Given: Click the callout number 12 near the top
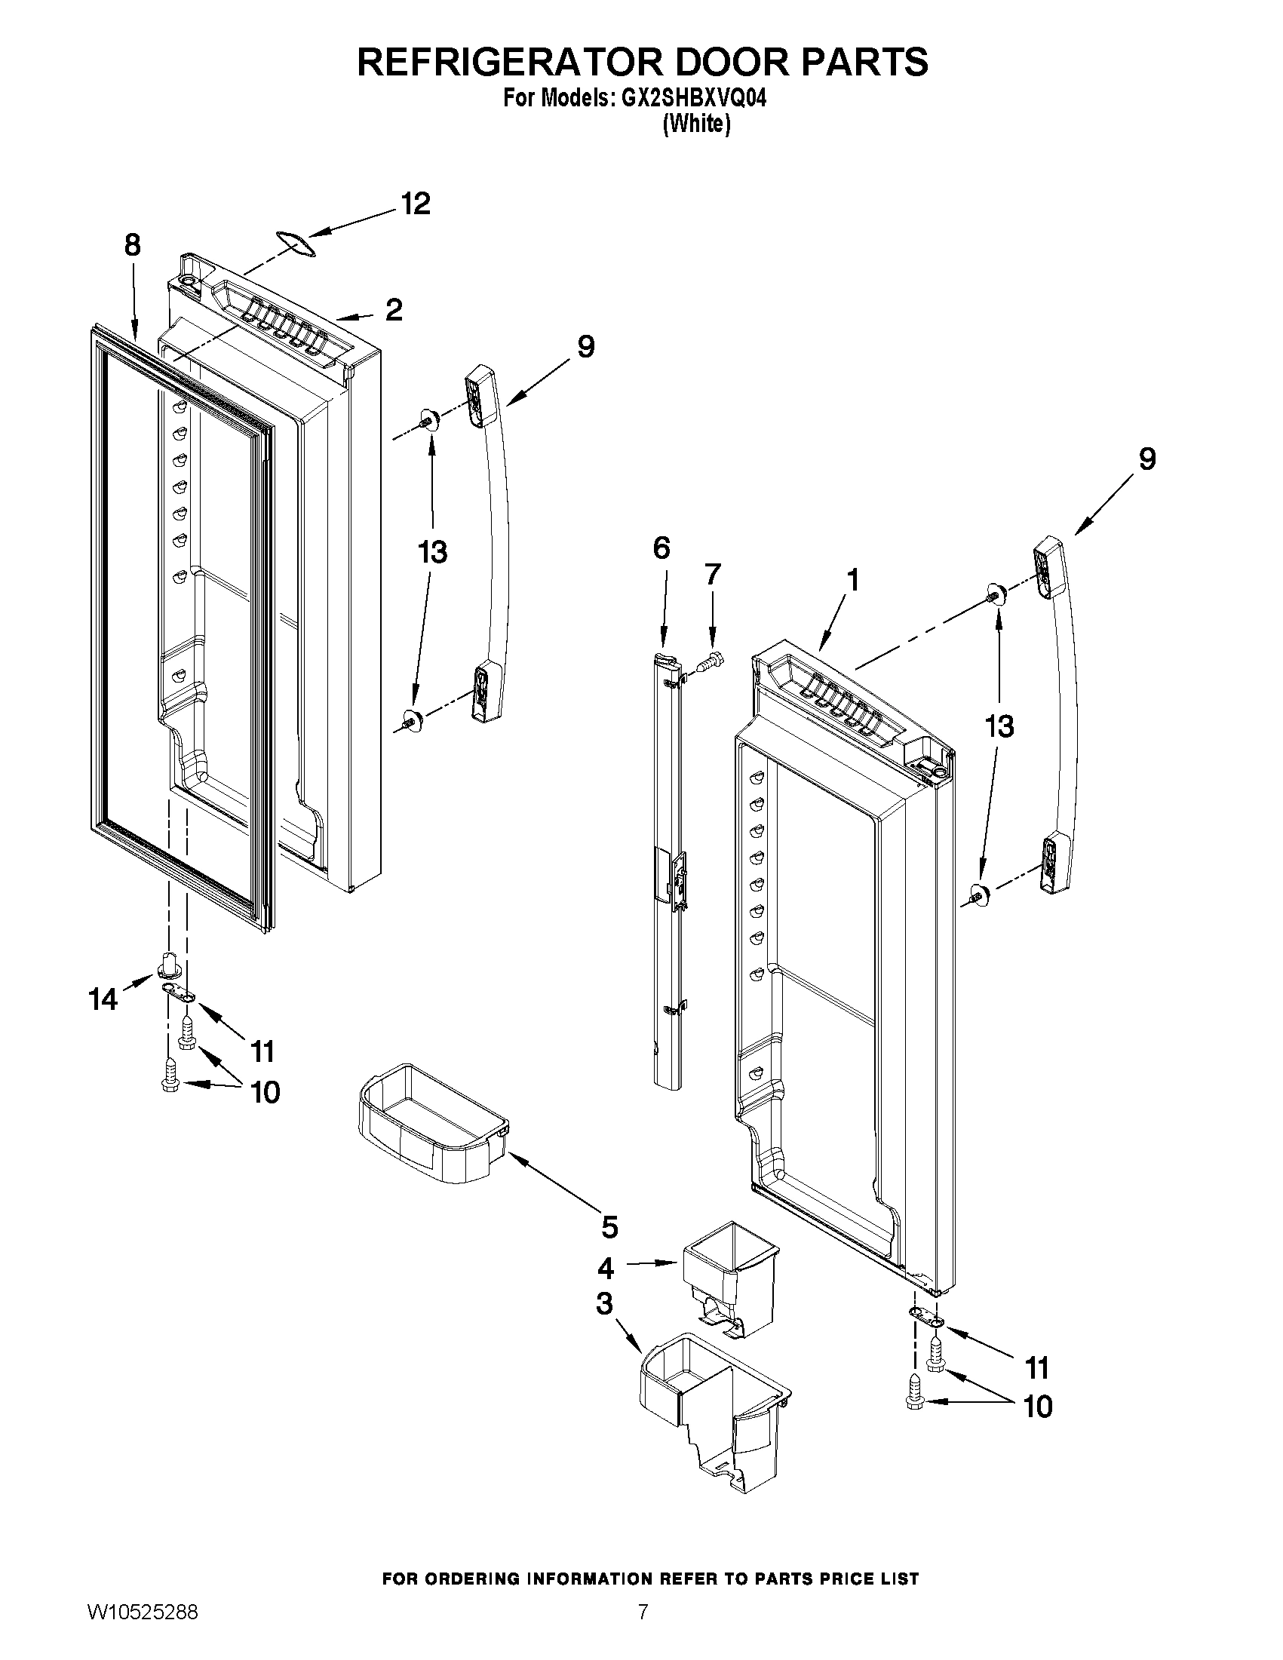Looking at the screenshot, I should click(x=416, y=204).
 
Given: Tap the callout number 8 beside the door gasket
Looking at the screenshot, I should click(x=132, y=245).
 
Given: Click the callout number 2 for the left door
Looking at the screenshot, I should click(x=393, y=310).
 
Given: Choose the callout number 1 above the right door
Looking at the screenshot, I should click(x=853, y=581).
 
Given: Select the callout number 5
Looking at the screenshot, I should click(x=609, y=1226).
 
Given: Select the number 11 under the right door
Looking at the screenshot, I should click(x=1038, y=1368).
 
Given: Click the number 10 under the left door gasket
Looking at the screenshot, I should click(x=266, y=1093).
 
